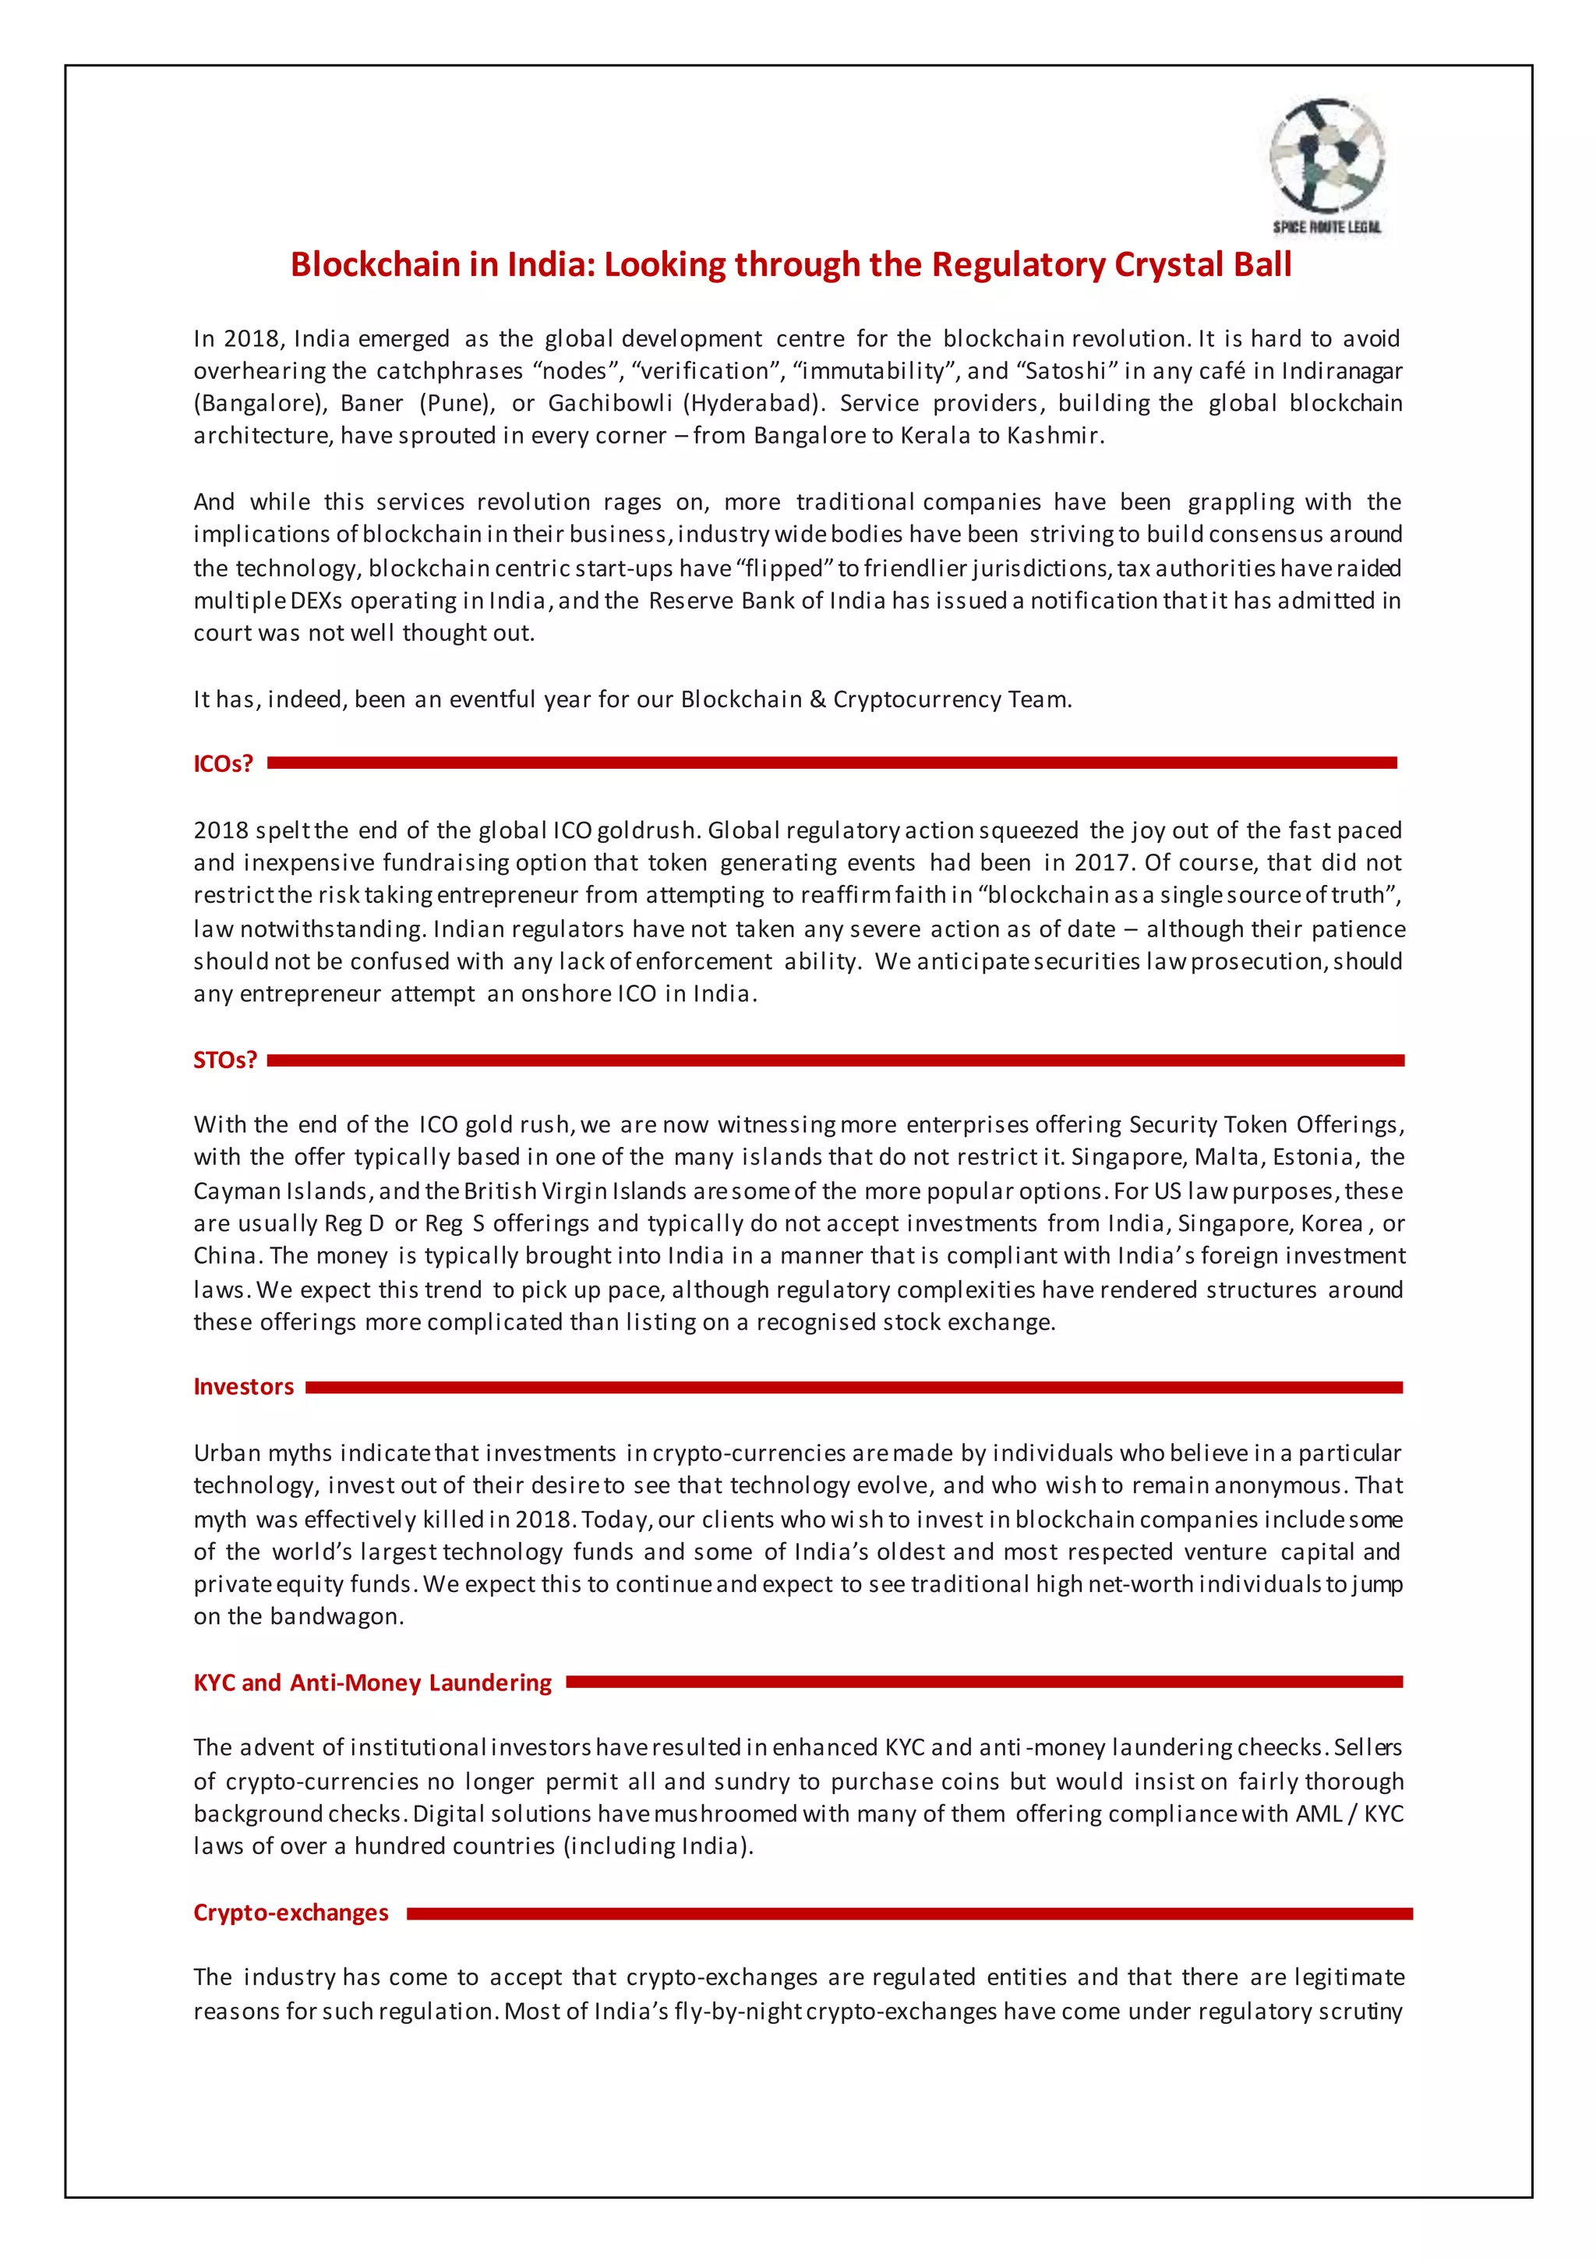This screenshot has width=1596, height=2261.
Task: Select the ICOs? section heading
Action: pos(224,763)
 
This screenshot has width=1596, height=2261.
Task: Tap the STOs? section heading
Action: pos(224,1060)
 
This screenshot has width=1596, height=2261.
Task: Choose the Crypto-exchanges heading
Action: pos(291,1912)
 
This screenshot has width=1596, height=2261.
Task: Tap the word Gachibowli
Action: pos(609,404)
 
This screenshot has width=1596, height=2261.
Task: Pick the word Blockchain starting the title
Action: pos(375,264)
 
